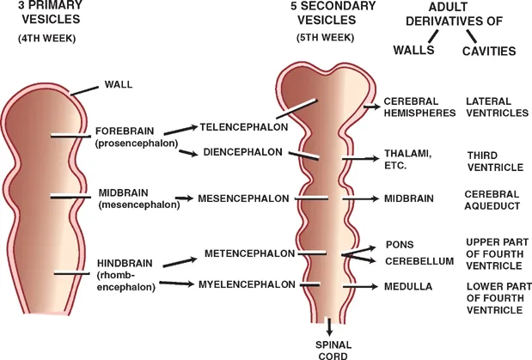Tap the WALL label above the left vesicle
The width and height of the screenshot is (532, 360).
pos(118,84)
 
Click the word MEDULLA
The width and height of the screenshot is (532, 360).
pos(407,285)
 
